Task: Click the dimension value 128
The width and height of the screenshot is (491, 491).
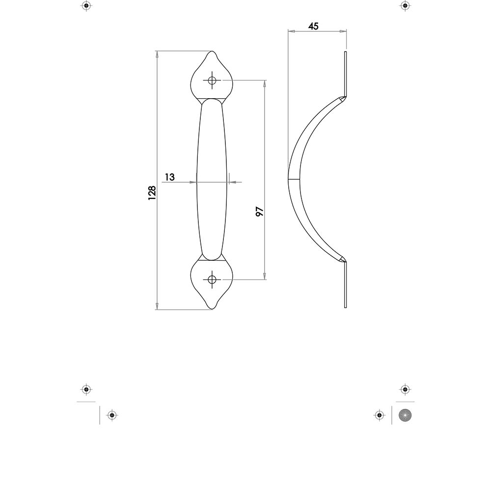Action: tap(152, 192)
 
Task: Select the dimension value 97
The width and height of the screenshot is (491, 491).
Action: tap(260, 211)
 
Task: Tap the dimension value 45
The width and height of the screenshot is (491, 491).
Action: tap(313, 27)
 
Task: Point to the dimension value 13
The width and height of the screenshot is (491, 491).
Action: tap(169, 177)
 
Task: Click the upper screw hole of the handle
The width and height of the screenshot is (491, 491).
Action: tap(212, 81)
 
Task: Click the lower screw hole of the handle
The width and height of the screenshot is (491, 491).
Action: tap(212, 279)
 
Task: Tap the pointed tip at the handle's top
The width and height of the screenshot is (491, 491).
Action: tap(212, 52)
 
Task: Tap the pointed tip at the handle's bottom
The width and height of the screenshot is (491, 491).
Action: tap(212, 309)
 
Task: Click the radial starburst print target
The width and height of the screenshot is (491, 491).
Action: tap(405, 415)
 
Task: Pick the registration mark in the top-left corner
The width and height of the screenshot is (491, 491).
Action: tap(86, 6)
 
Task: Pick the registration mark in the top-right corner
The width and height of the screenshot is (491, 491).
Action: tap(405, 6)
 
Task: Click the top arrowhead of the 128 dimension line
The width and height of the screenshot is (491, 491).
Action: tap(157, 54)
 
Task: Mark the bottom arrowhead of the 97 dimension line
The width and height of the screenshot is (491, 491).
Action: tap(265, 276)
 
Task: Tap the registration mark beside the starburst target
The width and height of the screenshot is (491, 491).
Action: tap(379, 415)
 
